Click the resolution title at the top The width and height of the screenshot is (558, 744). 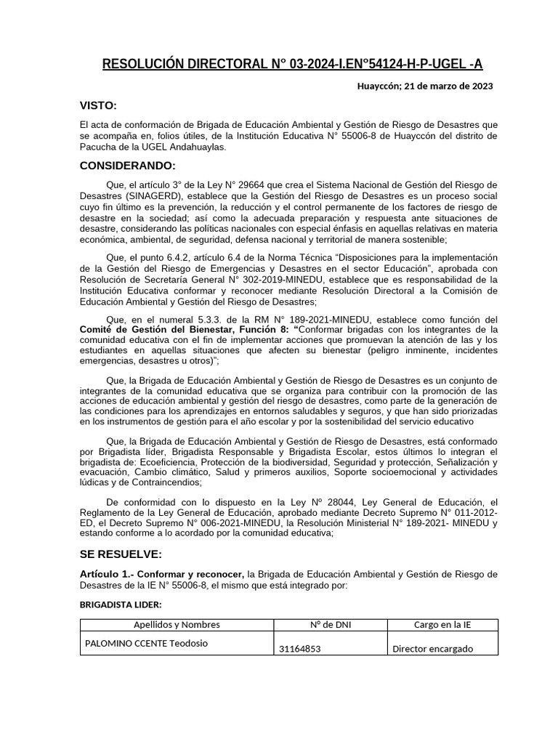[292, 64]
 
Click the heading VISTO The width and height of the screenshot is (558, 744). [97, 106]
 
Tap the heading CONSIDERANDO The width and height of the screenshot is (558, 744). [127, 166]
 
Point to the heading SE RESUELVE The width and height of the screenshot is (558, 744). [121, 554]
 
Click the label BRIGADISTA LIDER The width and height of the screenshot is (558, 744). [121, 604]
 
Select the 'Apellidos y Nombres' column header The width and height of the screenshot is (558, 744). [177, 625]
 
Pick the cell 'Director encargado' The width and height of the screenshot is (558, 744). [432, 649]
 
